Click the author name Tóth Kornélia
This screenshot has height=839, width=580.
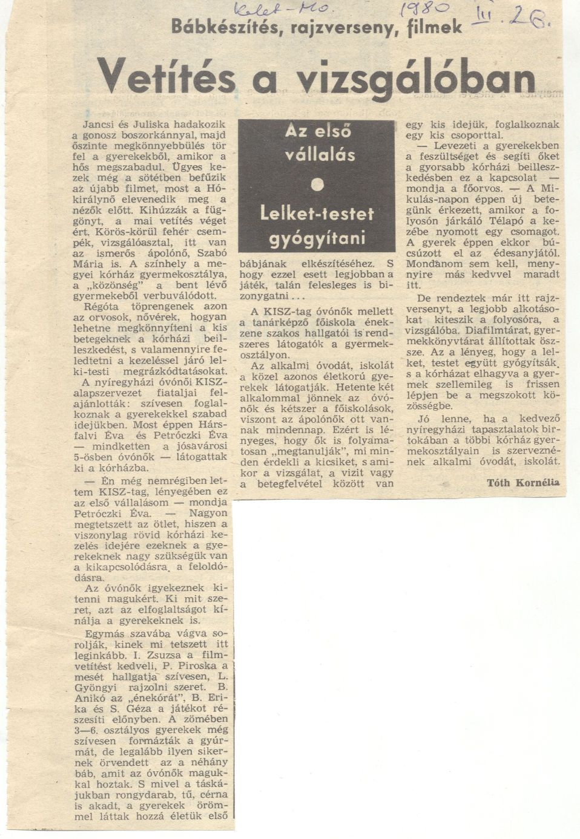(523, 482)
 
